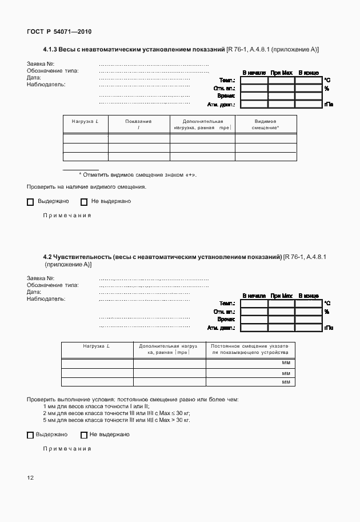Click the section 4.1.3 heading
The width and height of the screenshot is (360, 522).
pyautogui.click(x=181, y=50)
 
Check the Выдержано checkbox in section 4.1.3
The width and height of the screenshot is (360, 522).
pyautogui.click(x=30, y=202)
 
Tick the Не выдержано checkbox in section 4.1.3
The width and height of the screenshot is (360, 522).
pyautogui.click(x=84, y=202)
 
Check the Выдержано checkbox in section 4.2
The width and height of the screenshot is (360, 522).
pyautogui.click(x=30, y=435)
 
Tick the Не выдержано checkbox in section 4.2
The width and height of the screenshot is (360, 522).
pyautogui.click(x=84, y=435)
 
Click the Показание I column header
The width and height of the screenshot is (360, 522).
pyautogui.click(x=138, y=125)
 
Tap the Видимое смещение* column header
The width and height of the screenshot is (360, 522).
pyautogui.click(x=266, y=125)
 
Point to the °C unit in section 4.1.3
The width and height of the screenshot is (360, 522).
pyautogui.click(x=327, y=81)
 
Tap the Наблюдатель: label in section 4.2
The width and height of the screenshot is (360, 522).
pyautogui.click(x=46, y=298)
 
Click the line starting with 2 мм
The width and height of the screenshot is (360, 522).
pyautogui.click(x=116, y=413)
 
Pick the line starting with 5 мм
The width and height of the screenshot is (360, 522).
pyautogui.click(x=116, y=420)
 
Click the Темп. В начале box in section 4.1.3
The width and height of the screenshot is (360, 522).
pyautogui.click(x=254, y=81)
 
